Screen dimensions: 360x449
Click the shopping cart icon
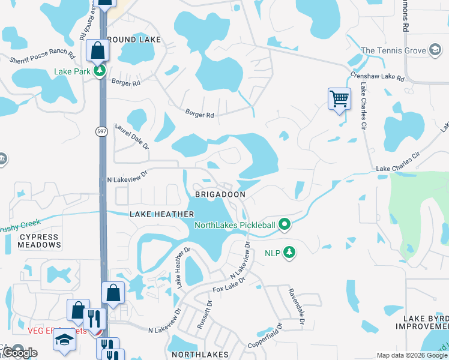coord(339,98)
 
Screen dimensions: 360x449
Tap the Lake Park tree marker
coord(100,71)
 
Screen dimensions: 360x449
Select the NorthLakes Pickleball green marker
coord(285,226)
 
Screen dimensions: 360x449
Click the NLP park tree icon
coord(290,252)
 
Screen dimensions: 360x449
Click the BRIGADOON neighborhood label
coord(220,195)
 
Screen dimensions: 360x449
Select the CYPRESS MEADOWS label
coord(39,241)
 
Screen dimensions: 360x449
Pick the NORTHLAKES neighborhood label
coord(200,354)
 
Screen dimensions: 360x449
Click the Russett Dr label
coord(205,315)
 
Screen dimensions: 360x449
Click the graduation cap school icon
coord(64,340)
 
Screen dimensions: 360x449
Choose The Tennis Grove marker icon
coord(435,51)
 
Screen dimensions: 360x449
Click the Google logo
coord(20,353)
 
